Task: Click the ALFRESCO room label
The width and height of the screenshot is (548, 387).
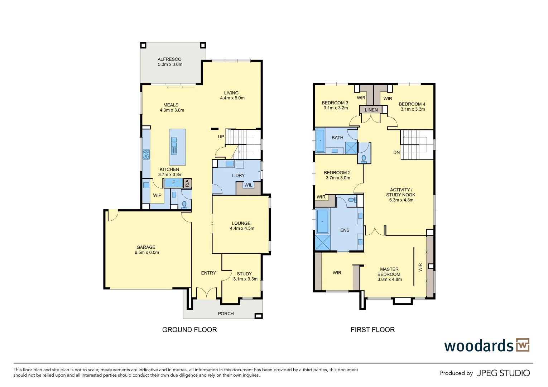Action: (x=169, y=59)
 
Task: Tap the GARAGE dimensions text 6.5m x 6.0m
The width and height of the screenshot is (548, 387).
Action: (x=147, y=253)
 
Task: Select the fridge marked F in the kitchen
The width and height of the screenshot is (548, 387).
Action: (x=174, y=183)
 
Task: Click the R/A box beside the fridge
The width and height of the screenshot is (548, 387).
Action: (x=187, y=183)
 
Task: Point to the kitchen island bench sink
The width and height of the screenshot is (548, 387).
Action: (x=174, y=145)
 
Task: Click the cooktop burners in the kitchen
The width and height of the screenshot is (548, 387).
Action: (x=146, y=154)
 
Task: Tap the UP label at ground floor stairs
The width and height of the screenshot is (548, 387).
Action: (x=221, y=137)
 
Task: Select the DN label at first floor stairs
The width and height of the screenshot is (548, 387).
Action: (x=396, y=152)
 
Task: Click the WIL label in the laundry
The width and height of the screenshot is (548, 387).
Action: (x=248, y=185)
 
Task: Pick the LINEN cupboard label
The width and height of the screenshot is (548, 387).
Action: (x=371, y=110)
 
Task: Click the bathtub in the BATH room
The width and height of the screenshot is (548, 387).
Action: (x=320, y=140)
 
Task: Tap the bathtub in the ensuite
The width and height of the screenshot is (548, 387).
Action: (x=323, y=221)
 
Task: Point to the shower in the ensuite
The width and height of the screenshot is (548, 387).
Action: (x=322, y=243)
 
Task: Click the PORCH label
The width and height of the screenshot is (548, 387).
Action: (x=226, y=314)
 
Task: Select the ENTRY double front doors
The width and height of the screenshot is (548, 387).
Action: (x=207, y=293)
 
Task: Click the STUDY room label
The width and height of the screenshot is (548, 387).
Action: (x=244, y=273)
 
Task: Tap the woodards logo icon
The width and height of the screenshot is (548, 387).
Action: (x=523, y=345)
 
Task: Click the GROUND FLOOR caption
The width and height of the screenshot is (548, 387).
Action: (x=189, y=330)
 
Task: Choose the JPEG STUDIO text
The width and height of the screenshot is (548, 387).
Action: (x=503, y=373)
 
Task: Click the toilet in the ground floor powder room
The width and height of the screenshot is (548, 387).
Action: (x=184, y=204)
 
